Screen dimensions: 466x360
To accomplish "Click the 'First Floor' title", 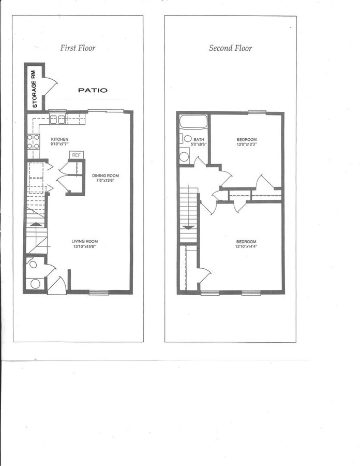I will point(78,48).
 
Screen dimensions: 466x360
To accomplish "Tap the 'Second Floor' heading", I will point(230,48).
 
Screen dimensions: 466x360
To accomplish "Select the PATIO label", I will point(93,90).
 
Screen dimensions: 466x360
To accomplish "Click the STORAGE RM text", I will point(35,89).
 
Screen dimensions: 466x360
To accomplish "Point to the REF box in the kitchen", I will point(76,155).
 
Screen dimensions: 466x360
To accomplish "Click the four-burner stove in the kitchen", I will point(33,141).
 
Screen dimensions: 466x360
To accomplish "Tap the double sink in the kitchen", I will point(57,120).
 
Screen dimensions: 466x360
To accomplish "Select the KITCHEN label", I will point(59,139).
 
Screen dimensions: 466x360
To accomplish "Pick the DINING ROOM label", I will point(106,176).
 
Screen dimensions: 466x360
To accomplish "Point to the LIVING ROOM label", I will point(84,241).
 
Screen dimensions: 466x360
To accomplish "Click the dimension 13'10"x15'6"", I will point(84,247).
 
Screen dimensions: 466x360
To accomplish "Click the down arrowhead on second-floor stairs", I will point(189,227).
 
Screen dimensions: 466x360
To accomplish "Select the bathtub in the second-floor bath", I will point(193,122).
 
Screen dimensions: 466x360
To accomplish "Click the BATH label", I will point(199,139).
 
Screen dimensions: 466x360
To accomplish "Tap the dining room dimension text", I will point(106,181).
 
